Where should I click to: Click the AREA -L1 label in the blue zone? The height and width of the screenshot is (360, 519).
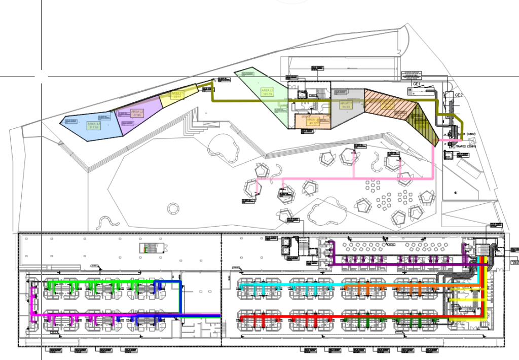point(94,125)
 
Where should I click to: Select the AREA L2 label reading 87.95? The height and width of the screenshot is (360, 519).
point(137,113)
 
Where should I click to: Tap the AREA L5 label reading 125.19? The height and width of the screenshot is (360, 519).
point(267,92)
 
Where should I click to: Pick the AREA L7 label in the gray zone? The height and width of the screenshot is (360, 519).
point(347,104)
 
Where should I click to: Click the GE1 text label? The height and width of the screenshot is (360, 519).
point(417,84)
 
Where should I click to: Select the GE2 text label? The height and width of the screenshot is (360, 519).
point(458,95)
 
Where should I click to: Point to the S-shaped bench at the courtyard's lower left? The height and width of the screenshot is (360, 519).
point(106,222)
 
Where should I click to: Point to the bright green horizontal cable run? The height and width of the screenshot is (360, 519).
point(101,280)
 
